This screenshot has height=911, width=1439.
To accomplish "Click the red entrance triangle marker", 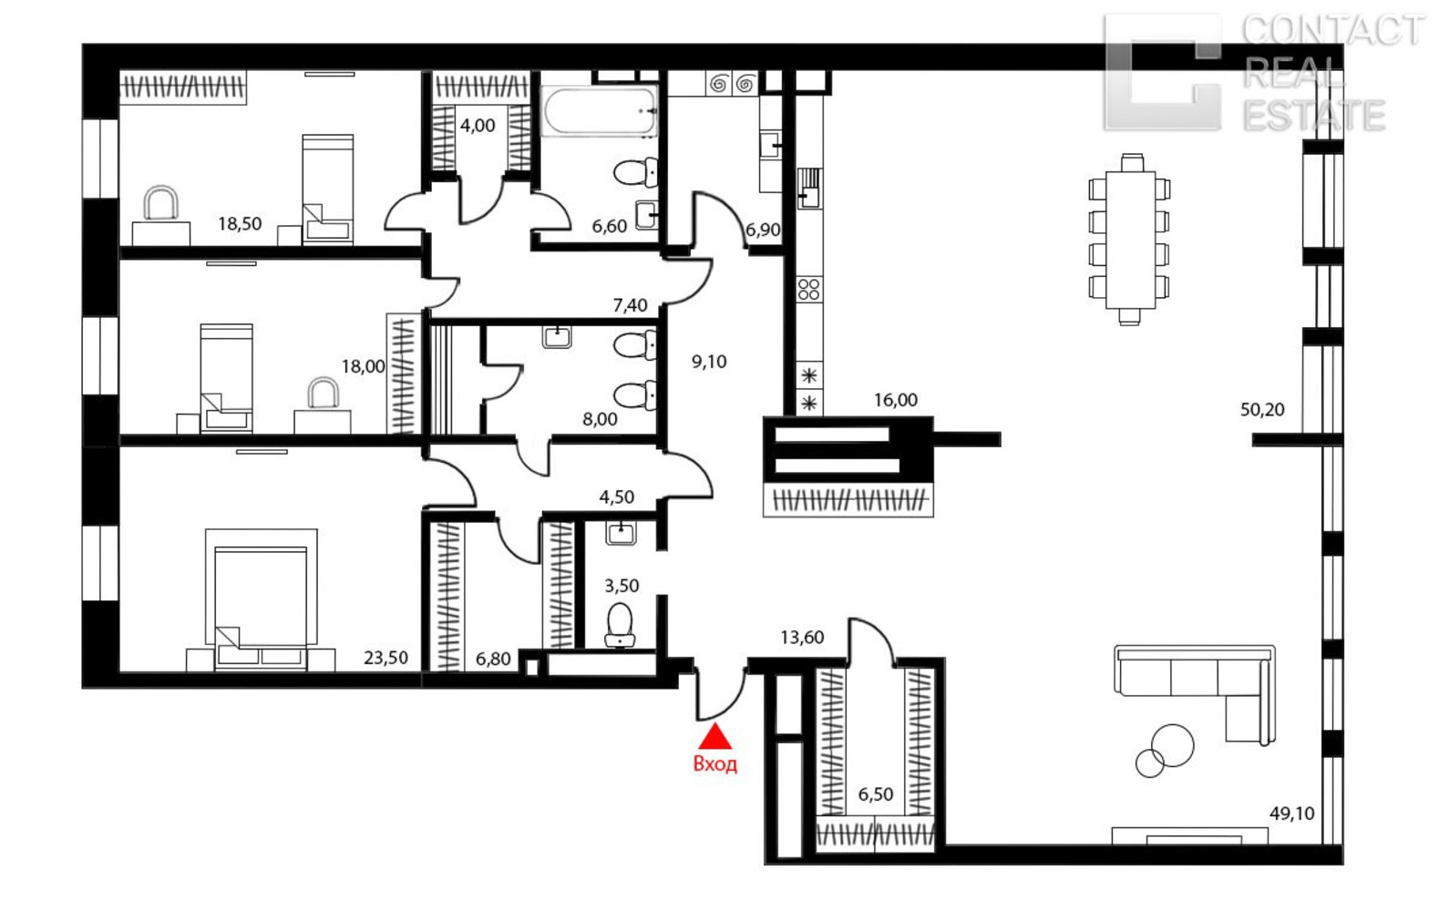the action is [x=715, y=738].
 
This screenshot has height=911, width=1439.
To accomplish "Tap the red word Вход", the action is [x=715, y=764].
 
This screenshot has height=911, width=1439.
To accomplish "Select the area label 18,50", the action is [x=240, y=224].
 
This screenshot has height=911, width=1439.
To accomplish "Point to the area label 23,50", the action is [x=385, y=658].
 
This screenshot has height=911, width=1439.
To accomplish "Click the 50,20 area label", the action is [x=1262, y=410].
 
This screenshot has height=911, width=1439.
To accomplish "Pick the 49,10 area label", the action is [x=1292, y=814].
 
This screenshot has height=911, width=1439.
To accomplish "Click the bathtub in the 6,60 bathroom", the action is [x=600, y=110].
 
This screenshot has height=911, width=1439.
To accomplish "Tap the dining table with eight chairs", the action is [x=1129, y=239].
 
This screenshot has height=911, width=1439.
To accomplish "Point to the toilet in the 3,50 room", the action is [x=620, y=625].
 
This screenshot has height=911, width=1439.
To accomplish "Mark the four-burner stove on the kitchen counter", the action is [x=808, y=290].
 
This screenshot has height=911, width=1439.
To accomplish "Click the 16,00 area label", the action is [x=896, y=401].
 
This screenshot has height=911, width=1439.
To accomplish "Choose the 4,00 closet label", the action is [x=478, y=126].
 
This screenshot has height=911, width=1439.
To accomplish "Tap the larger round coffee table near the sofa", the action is [x=1172, y=745].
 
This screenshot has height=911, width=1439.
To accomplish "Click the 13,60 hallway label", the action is [x=802, y=638].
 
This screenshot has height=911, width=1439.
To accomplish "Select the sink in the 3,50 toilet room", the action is [x=621, y=533].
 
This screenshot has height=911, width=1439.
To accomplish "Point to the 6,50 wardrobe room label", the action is [x=876, y=794].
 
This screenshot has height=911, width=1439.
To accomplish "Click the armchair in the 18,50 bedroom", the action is [x=160, y=203].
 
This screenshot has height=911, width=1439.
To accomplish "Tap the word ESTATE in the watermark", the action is [x=1314, y=116].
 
